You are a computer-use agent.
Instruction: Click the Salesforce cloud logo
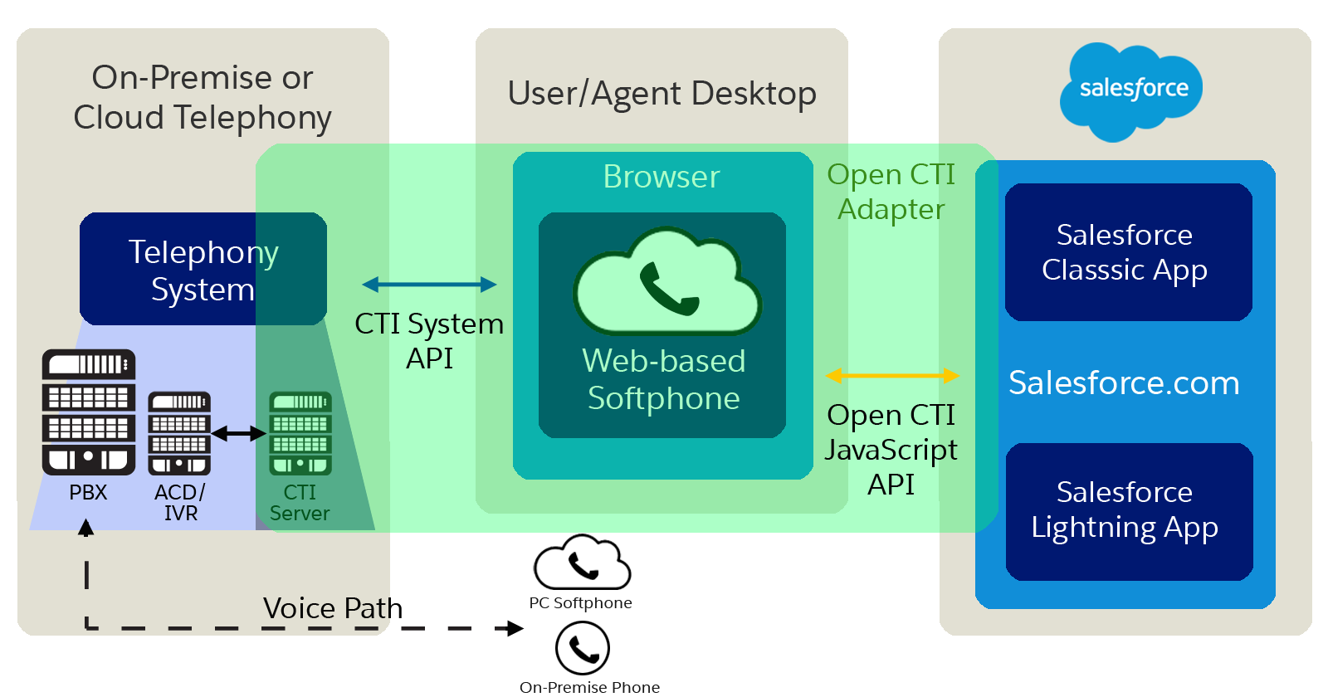[x=1131, y=90]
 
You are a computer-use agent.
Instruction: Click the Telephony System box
[x=203, y=269]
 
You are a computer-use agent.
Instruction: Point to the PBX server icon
[x=89, y=412]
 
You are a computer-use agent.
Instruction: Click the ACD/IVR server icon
[x=179, y=433]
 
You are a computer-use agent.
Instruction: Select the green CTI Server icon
[x=300, y=433]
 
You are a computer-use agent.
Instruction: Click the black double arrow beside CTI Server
[x=239, y=433]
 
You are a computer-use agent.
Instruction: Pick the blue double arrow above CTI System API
[x=429, y=285]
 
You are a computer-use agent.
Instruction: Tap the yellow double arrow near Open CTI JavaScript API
[x=892, y=376]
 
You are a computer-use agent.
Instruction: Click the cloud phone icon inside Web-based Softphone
[x=666, y=284]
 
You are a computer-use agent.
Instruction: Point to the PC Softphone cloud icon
[x=582, y=564]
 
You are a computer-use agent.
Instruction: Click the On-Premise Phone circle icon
[x=583, y=649]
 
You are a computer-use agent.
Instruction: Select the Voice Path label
[x=333, y=608]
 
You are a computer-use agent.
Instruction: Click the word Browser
[x=662, y=177]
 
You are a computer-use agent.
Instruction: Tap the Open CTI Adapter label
[x=891, y=192]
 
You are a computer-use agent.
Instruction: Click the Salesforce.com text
[x=1124, y=383]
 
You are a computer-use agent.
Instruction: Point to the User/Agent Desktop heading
[x=662, y=94]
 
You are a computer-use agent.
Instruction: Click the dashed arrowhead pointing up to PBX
[x=86, y=528]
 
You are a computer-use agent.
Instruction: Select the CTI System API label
[x=429, y=340]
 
